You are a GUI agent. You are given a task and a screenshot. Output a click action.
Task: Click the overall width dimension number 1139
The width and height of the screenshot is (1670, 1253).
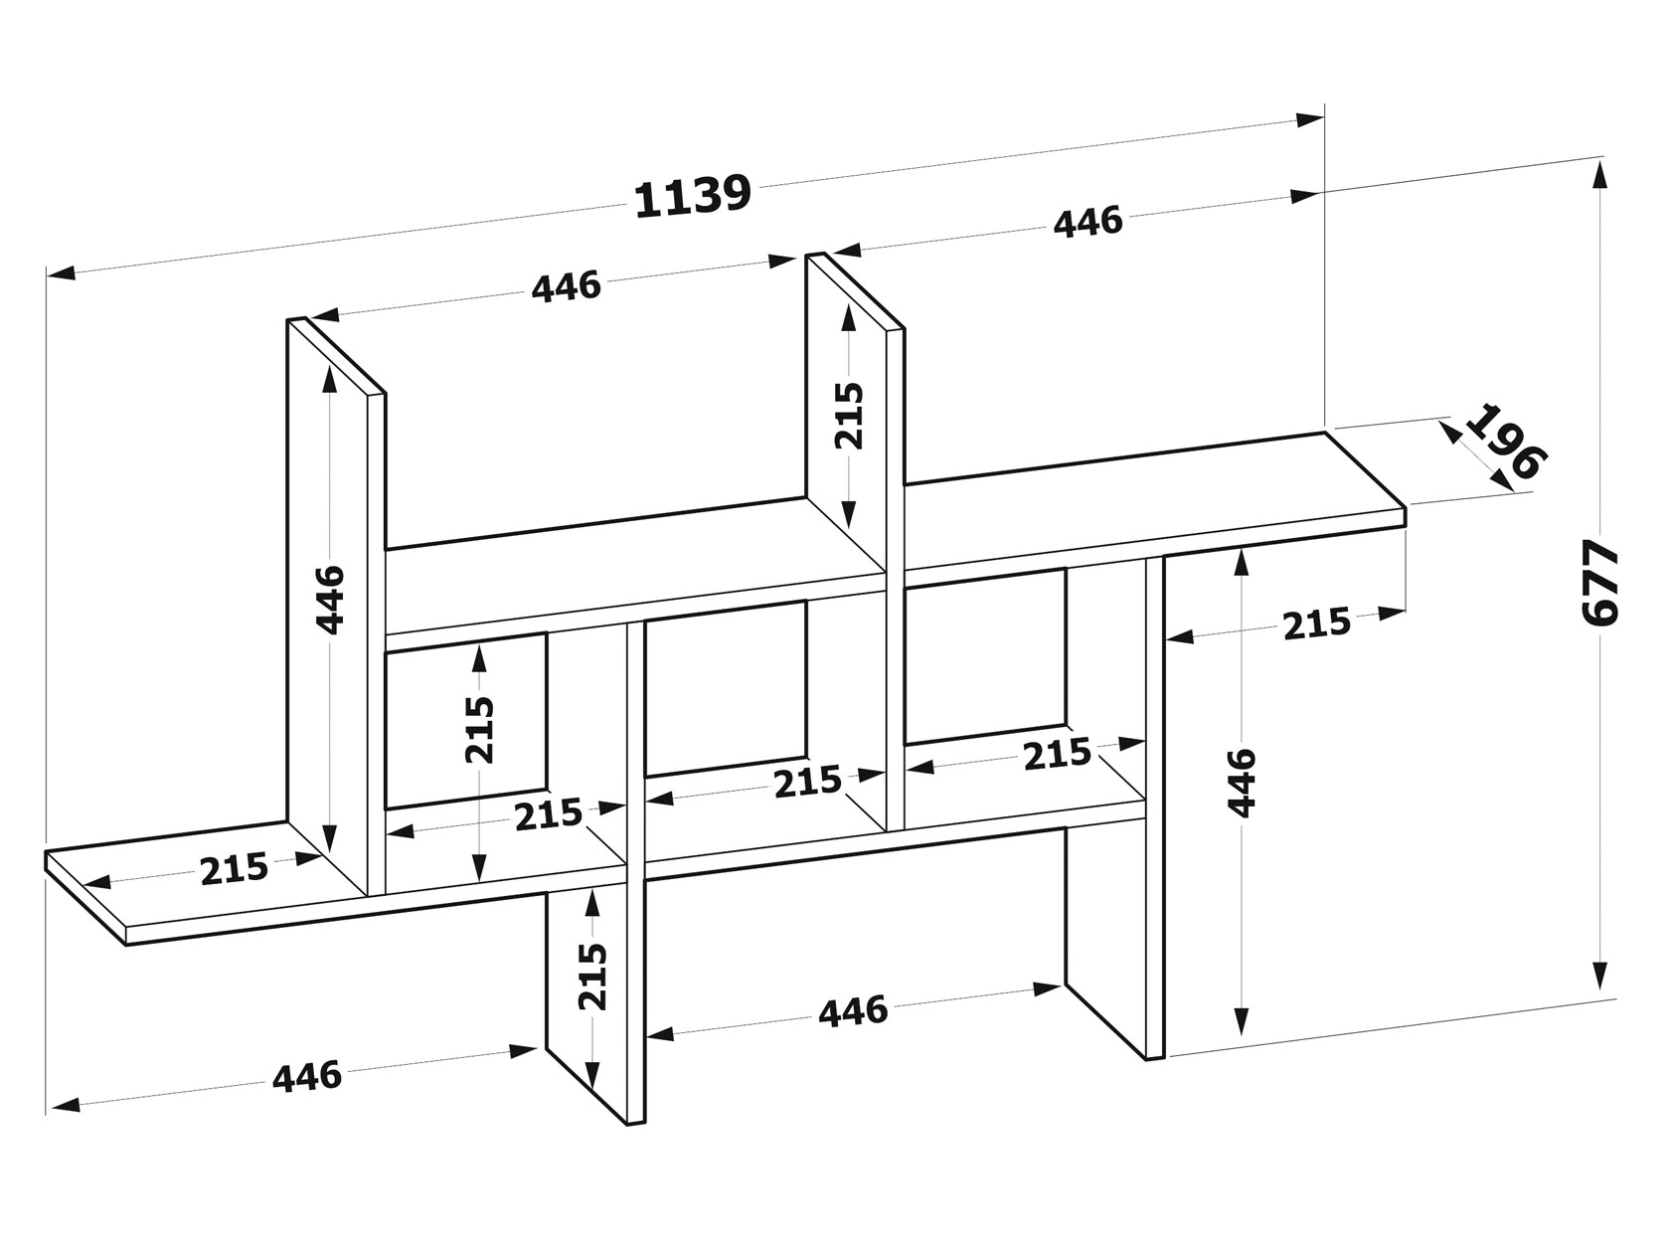pos(692,196)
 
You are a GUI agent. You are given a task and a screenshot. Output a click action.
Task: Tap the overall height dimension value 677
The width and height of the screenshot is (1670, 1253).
pos(1600,582)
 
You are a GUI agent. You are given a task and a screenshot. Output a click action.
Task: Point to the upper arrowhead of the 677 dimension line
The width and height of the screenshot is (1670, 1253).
pos(1600,175)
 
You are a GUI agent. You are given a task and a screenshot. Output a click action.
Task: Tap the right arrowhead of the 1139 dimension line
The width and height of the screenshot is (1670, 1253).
pos(1310,119)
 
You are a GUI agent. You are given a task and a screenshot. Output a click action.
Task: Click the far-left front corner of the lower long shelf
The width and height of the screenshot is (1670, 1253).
pos(125,946)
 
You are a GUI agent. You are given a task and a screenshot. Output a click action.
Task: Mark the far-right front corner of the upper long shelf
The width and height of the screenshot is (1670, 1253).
pos(1406,507)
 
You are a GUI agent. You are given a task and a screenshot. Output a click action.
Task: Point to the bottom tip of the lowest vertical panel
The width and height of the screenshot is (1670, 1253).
pos(627,1125)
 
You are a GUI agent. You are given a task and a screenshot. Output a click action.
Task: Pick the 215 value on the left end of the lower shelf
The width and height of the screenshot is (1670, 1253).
pos(235,869)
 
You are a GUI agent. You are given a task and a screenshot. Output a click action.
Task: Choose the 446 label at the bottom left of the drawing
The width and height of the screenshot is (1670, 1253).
pos(307,1077)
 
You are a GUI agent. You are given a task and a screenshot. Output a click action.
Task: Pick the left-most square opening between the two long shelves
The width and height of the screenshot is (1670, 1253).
pos(465,720)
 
